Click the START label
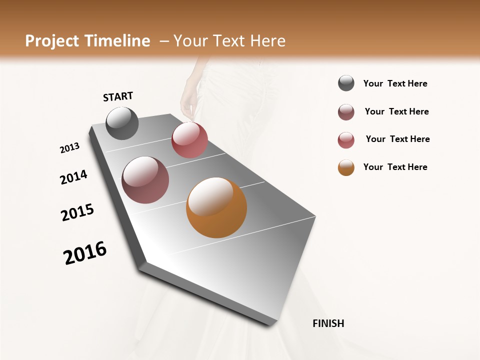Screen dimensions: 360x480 pyautogui.click(x=118, y=96)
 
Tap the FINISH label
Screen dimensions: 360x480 pyautogui.click(x=328, y=323)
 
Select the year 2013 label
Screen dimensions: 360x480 pyautogui.click(x=70, y=148)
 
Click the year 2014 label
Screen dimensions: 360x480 pyautogui.click(x=73, y=177)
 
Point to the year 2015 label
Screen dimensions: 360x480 pyautogui.click(x=77, y=212)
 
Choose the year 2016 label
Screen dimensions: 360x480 pyautogui.click(x=85, y=253)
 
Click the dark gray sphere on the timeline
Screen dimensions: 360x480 pyautogui.click(x=122, y=123)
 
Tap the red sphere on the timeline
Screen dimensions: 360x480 pyautogui.click(x=189, y=140)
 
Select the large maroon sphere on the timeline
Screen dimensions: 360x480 pyautogui.click(x=145, y=180)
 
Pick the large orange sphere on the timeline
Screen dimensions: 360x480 pyautogui.click(x=216, y=207)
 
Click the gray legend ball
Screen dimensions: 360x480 pyautogui.click(x=346, y=83)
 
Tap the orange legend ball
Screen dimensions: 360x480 pyautogui.click(x=346, y=167)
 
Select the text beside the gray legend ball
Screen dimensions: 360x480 pyautogui.click(x=395, y=84)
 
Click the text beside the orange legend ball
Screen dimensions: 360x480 pyautogui.click(x=395, y=167)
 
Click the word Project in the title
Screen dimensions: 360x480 pyautogui.click(x=51, y=41)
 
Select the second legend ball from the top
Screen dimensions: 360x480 pyautogui.click(x=346, y=112)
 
